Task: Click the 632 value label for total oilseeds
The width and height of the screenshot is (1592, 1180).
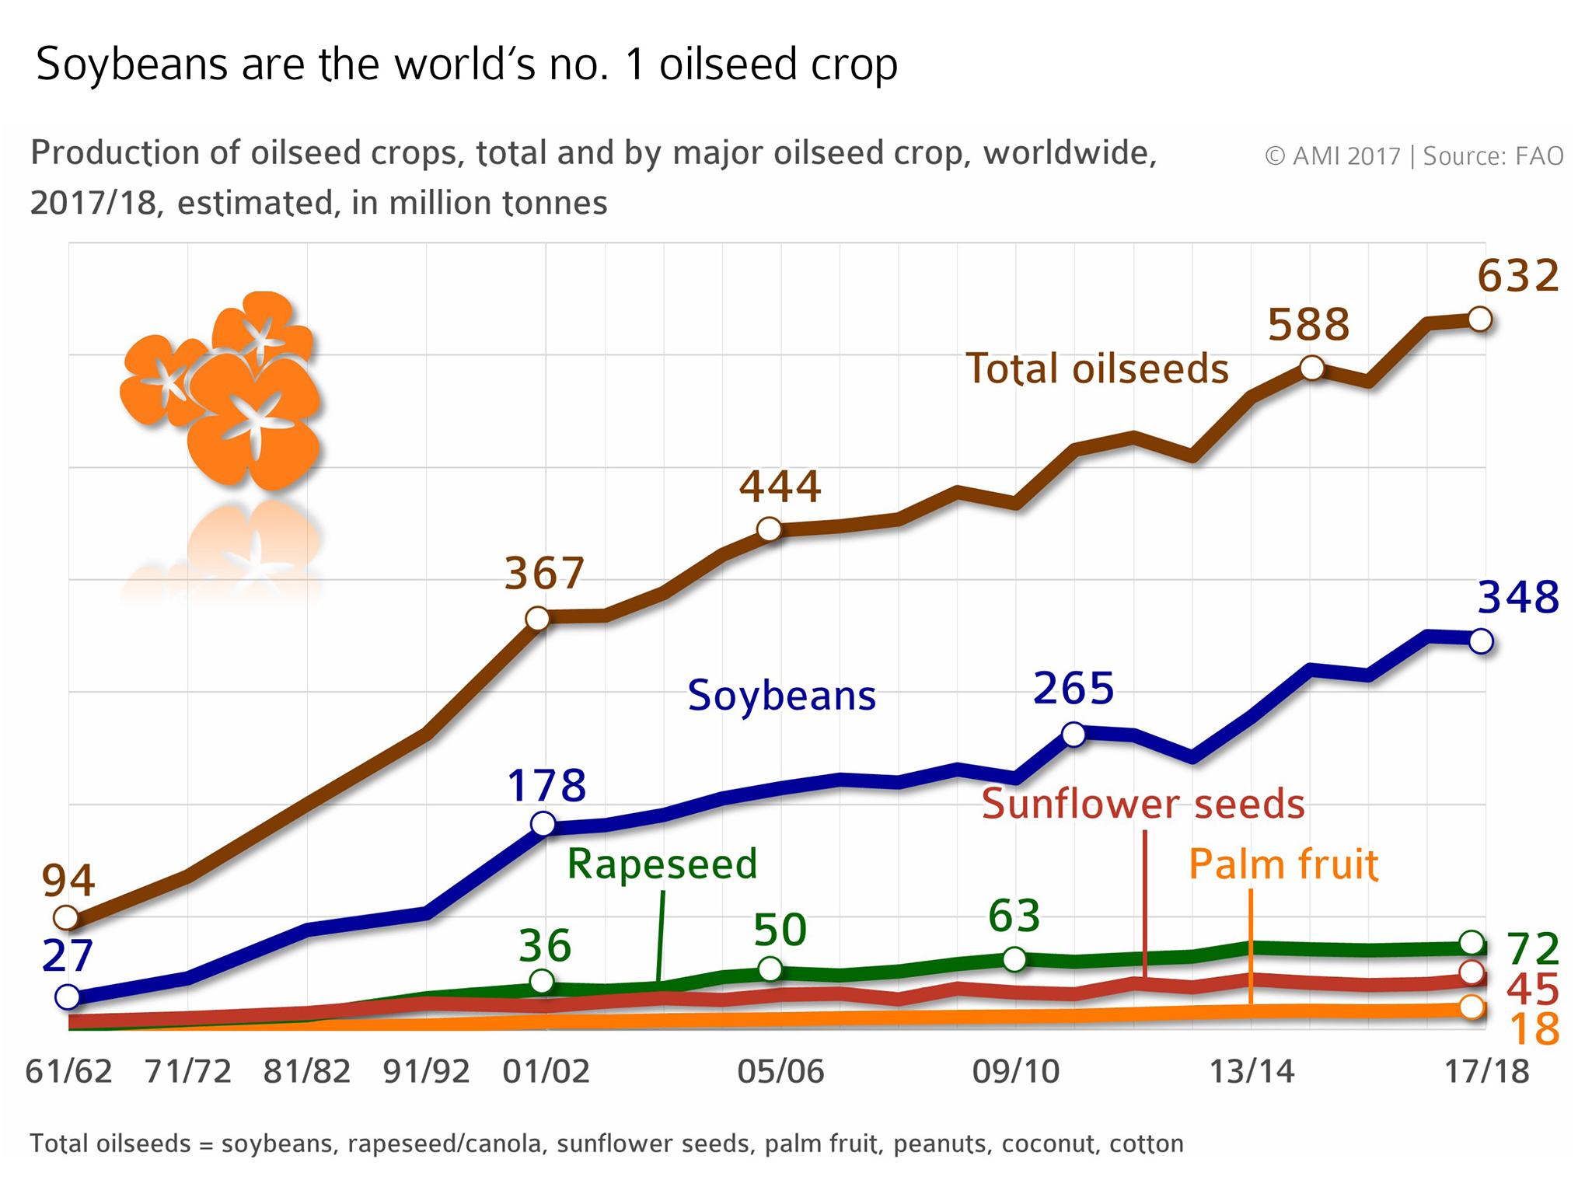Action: click(x=1517, y=276)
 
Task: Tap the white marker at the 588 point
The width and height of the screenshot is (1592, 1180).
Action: click(x=1311, y=368)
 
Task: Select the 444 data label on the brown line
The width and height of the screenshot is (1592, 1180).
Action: click(x=780, y=487)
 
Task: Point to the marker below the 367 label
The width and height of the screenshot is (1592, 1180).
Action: click(x=537, y=619)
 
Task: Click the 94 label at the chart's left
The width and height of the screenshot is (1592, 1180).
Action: click(x=68, y=881)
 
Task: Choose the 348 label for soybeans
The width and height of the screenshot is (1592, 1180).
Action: click(x=1517, y=598)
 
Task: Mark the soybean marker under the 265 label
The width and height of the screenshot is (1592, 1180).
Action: click(x=1074, y=734)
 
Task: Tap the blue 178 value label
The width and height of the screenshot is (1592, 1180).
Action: click(x=546, y=786)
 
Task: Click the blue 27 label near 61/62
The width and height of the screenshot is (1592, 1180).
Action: click(x=68, y=956)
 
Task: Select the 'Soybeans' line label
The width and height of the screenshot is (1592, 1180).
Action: click(x=781, y=695)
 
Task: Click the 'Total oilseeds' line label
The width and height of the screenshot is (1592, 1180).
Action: click(x=1097, y=368)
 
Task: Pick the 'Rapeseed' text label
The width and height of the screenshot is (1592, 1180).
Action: click(x=662, y=864)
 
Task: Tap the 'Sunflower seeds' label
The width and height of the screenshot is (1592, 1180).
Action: click(x=1143, y=804)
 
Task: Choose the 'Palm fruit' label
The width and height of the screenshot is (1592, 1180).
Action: click(x=1283, y=864)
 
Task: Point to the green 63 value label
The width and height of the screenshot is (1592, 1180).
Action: click(x=1014, y=916)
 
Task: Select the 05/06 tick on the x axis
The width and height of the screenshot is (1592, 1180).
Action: click(x=780, y=1072)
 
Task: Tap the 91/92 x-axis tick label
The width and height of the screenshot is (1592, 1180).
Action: click(x=427, y=1072)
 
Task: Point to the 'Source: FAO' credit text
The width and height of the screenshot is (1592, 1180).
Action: click(x=1492, y=156)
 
